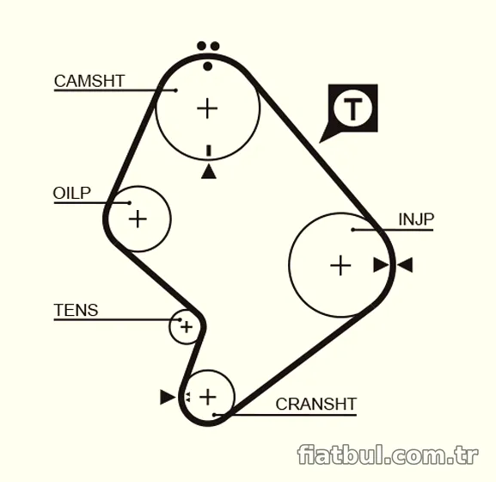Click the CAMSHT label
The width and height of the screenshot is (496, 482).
tap(89, 81)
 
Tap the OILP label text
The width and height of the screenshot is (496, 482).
tap(72, 193)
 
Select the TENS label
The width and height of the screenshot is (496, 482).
tap(76, 310)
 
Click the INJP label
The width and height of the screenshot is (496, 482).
tap(416, 219)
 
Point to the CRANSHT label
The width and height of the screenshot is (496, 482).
tap(316, 404)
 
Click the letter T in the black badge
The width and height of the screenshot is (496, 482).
tap(352, 109)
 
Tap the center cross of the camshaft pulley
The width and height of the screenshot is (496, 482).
tap(207, 108)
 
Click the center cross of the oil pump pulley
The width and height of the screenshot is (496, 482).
tap(138, 219)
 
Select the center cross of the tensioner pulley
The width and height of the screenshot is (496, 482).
tap(187, 327)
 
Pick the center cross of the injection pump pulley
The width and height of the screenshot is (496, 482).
tap(340, 265)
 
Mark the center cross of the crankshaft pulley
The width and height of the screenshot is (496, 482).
tap(208, 397)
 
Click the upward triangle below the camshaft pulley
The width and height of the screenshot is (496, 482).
tap(209, 171)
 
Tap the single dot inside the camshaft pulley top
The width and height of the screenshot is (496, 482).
tap(208, 66)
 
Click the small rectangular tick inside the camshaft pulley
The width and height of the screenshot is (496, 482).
tap(209, 151)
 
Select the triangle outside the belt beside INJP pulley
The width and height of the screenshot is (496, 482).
tap(405, 265)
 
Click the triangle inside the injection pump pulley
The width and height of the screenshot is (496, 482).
tap(381, 265)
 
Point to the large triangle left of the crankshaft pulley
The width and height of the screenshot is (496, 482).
tap(168, 397)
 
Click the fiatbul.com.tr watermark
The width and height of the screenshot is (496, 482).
tap(388, 454)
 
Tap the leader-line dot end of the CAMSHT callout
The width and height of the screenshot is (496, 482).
tap(176, 90)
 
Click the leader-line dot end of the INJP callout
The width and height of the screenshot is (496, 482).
tap(353, 230)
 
